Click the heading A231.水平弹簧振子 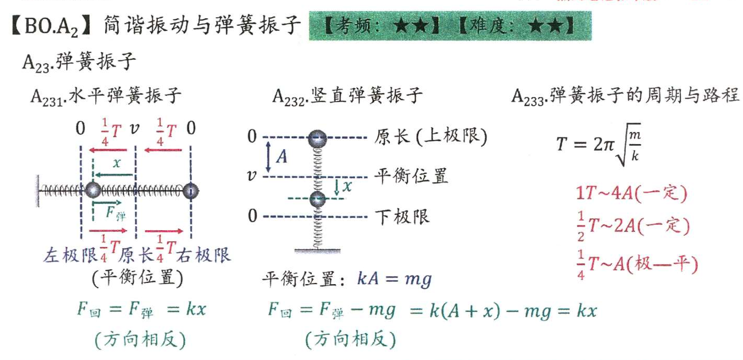pyautogui.click(x=106, y=96)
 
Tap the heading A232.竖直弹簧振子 pyautogui.click(x=347, y=96)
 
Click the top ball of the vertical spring pyautogui.click(x=317, y=138)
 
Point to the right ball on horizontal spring pyautogui.click(x=190, y=189)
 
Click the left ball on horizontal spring pyautogui.click(x=92, y=189)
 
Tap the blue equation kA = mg pyautogui.click(x=394, y=280)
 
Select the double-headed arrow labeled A pyautogui.click(x=268, y=157)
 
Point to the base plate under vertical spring pyautogui.click(x=316, y=250)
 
